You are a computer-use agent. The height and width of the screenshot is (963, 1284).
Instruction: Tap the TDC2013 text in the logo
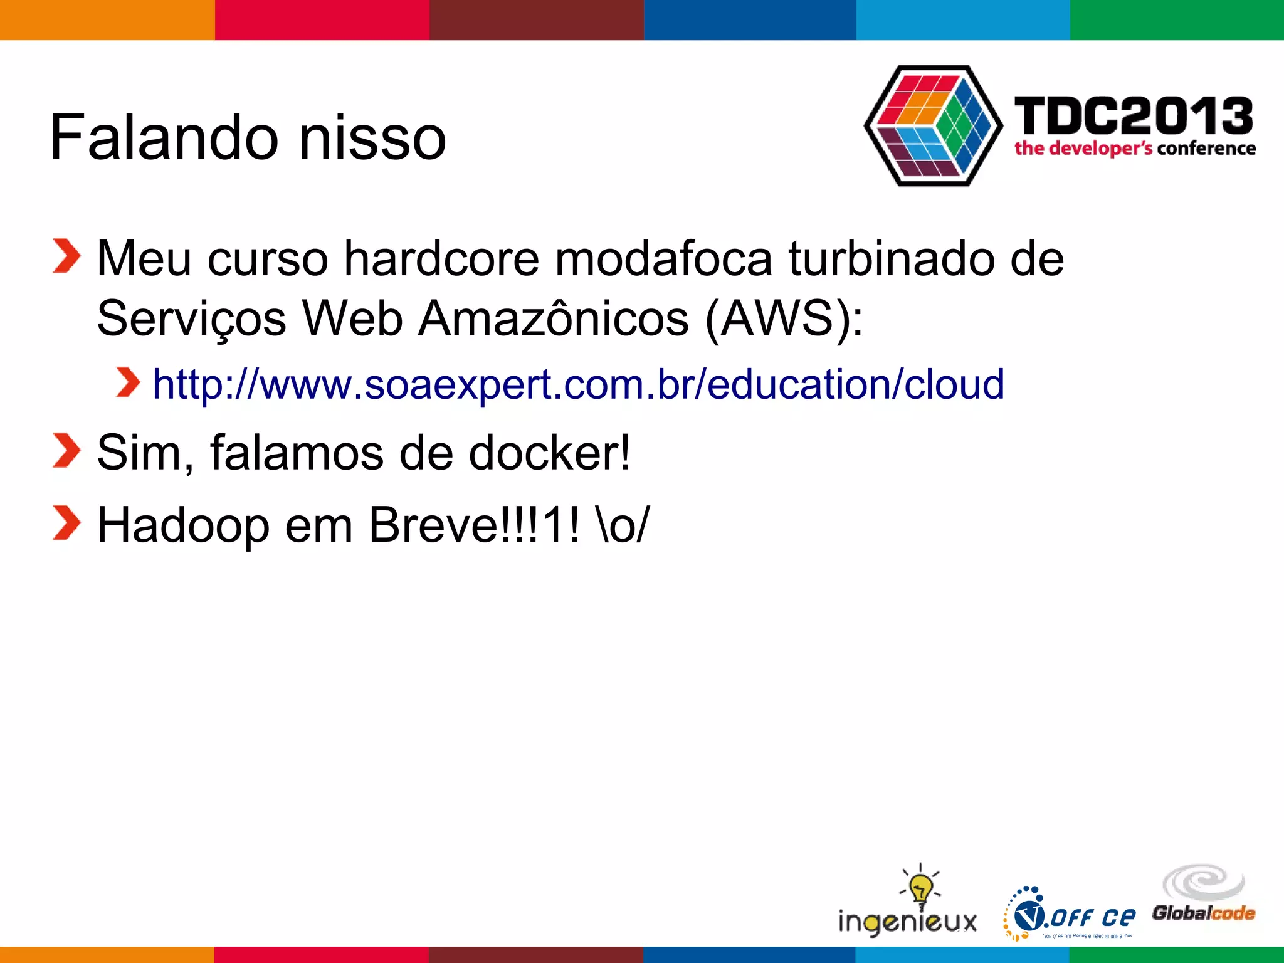point(1134,117)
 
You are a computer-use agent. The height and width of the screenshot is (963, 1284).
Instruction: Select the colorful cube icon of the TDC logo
point(934,125)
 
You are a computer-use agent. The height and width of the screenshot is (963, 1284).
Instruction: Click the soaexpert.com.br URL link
point(578,384)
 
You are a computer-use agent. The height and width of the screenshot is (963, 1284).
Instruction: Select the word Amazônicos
point(554,318)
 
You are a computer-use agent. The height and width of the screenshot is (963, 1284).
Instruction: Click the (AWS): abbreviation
point(784,318)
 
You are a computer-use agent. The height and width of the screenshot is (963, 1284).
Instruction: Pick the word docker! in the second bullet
point(549,453)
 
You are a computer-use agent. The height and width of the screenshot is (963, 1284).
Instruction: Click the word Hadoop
point(183,525)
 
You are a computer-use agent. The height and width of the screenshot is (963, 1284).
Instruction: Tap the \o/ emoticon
point(624,525)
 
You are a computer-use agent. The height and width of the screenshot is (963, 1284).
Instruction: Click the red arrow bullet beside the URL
point(128,383)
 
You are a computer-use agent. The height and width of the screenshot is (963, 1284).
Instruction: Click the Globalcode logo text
point(1203,913)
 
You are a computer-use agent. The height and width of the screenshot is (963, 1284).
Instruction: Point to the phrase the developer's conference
point(1135,149)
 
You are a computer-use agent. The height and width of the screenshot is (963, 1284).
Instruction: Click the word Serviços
point(191,318)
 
